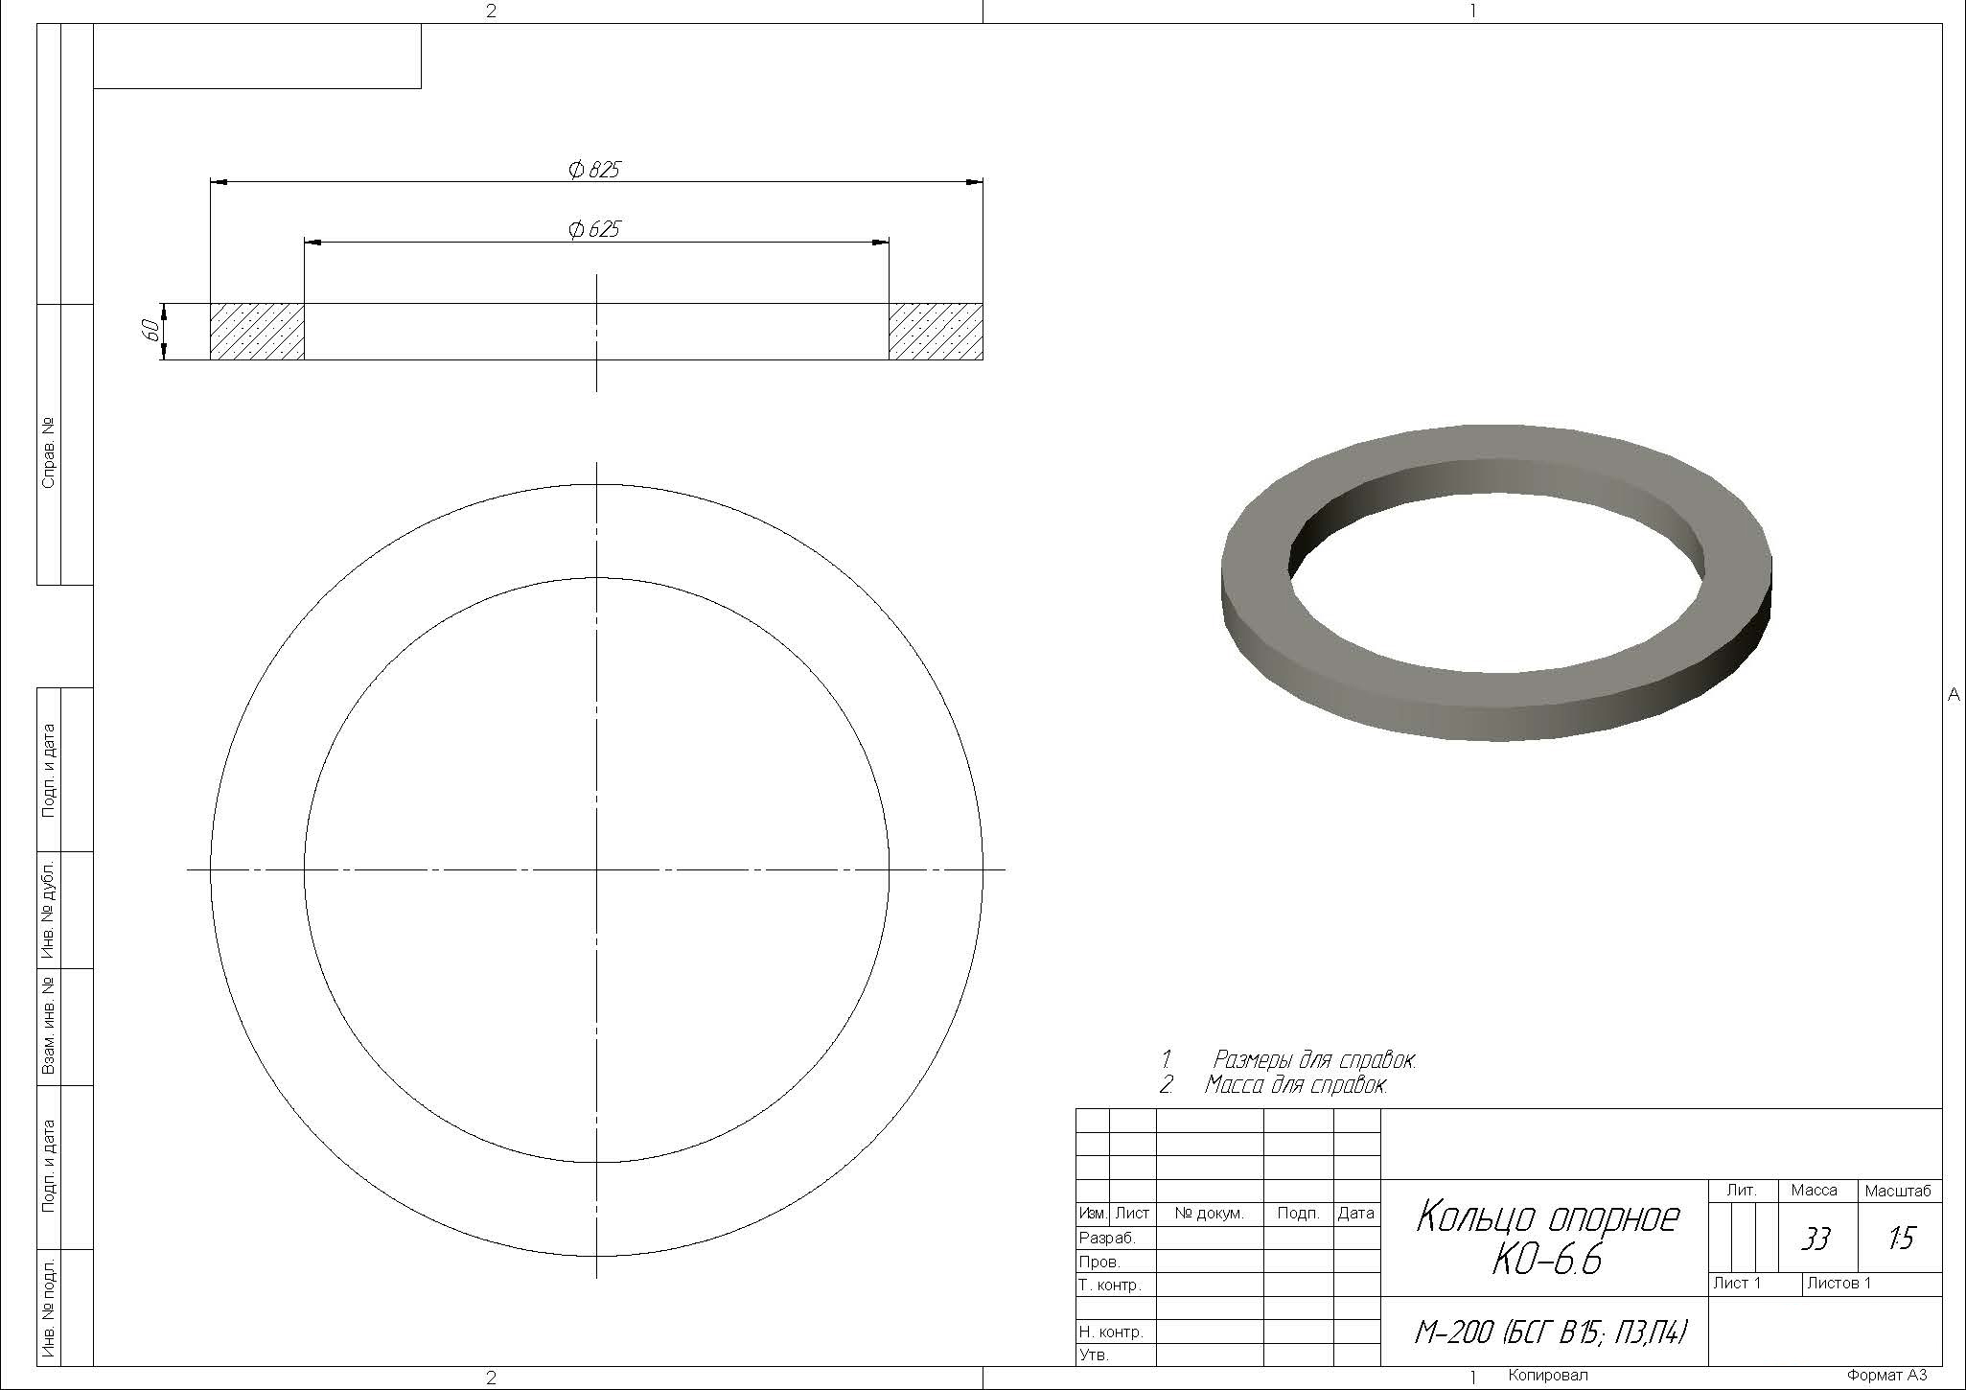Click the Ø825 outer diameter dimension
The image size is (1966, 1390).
pyautogui.click(x=594, y=171)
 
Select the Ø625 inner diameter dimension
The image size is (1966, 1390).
pyautogui.click(x=594, y=230)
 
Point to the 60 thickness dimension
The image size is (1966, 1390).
pyautogui.click(x=150, y=331)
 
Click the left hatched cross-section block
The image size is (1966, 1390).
pyautogui.click(x=257, y=332)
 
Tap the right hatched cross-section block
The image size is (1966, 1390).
pyautogui.click(x=936, y=332)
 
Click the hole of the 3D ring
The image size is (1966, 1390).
pyautogui.click(x=1496, y=556)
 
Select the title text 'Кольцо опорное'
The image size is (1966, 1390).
pyautogui.click(x=1547, y=1217)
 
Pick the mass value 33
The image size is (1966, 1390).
pyautogui.click(x=1815, y=1239)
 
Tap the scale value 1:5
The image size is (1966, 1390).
pyautogui.click(x=1900, y=1239)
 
